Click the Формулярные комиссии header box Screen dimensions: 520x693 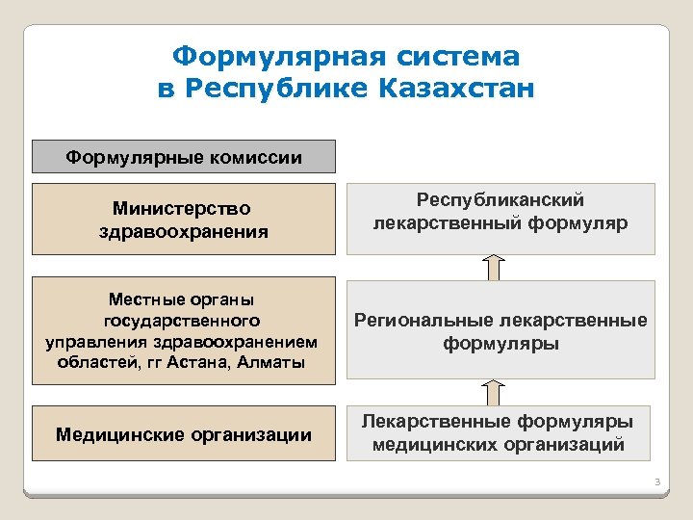[x=184, y=157]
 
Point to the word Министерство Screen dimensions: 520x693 [x=181, y=208]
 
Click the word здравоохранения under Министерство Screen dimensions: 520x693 [x=183, y=232]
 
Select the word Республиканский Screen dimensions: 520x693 [x=500, y=199]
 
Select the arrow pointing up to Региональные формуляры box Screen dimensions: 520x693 [x=493, y=392]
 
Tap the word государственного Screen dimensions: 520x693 [x=183, y=321]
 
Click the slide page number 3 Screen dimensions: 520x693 [x=654, y=481]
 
